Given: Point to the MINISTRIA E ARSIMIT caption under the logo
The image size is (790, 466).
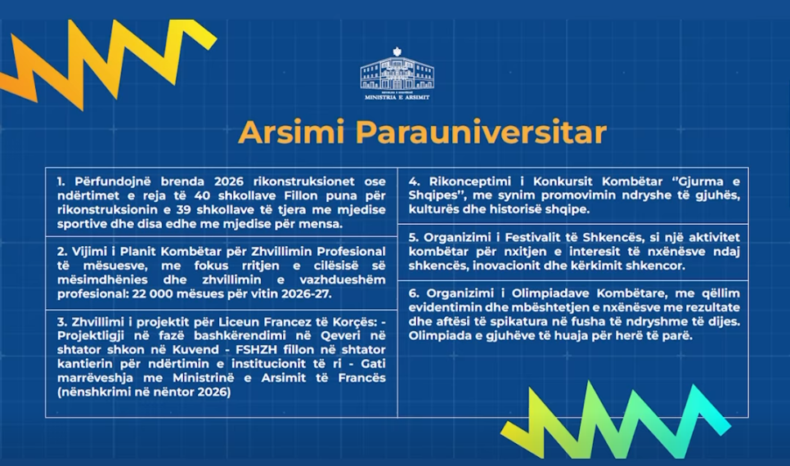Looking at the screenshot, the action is point(397,97).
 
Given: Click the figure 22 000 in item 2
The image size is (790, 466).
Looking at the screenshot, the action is point(150,293).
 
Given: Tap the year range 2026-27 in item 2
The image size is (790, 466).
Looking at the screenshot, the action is point(307,293).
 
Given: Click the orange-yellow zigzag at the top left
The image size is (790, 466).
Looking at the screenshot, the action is point(108,63).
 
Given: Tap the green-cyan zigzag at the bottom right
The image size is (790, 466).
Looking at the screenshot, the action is point(616,421).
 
